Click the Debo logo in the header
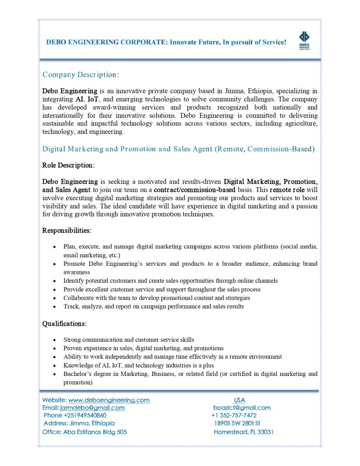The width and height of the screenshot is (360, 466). point(304,40)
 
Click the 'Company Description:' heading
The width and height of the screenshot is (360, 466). point(81,74)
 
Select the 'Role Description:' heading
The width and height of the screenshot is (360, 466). point(68,165)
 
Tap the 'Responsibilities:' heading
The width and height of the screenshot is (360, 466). point(67,231)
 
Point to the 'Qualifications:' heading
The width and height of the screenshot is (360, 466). point(64,324)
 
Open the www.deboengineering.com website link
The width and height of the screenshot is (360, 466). point(109,400)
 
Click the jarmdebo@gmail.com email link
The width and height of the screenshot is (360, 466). point(92,408)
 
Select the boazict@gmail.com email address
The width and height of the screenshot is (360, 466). point(242,408)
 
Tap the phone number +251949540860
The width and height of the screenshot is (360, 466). point(76,415)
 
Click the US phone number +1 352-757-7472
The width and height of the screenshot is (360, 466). point(234,415)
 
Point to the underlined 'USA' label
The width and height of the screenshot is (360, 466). point(239,400)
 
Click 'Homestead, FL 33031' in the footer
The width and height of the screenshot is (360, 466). point(243,432)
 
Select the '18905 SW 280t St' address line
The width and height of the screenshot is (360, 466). point(237,424)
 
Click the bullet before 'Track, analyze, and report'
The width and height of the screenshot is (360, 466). point(55,307)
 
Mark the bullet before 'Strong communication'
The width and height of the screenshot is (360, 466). point(55,340)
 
